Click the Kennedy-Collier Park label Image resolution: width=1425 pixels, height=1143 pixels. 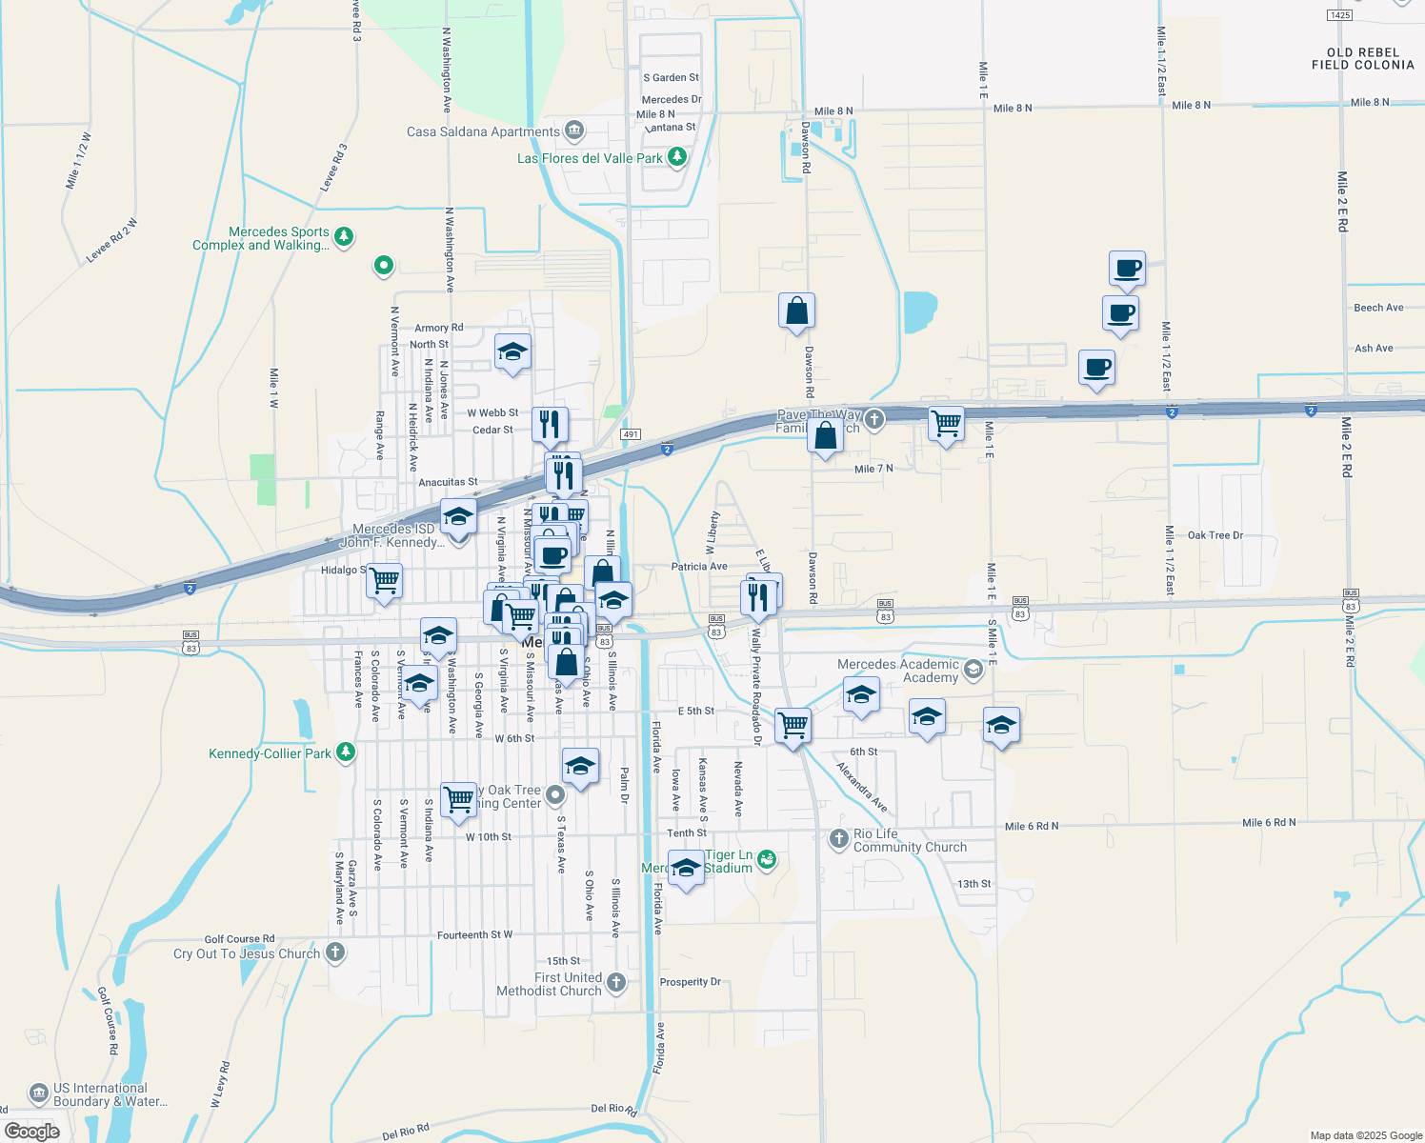click(270, 753)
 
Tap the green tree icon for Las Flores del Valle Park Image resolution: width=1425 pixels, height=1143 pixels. click(677, 157)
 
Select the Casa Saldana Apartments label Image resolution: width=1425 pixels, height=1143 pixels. click(483, 131)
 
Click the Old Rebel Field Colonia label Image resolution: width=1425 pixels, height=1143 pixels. click(1362, 59)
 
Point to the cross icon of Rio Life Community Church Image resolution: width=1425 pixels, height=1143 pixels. click(838, 838)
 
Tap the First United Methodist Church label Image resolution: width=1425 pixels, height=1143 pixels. click(550, 984)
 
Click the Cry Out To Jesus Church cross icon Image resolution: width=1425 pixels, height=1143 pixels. click(335, 952)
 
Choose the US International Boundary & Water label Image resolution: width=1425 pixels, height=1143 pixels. click(110, 1094)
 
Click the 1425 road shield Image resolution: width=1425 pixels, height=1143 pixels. click(1340, 15)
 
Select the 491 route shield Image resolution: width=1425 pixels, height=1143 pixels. click(630, 434)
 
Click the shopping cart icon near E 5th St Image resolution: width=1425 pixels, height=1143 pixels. click(793, 725)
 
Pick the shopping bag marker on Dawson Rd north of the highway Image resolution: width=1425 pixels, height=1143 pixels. click(796, 311)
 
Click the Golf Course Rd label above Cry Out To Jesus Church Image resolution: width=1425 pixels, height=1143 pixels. click(239, 939)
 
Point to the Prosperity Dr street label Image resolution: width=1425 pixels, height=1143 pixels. click(691, 982)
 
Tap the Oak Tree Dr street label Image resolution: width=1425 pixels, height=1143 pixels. click(1214, 535)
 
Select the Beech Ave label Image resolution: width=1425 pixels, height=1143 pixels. click(1378, 308)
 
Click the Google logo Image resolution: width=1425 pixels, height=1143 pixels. click(32, 1132)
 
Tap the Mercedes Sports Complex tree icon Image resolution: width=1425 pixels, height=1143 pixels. click(344, 236)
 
